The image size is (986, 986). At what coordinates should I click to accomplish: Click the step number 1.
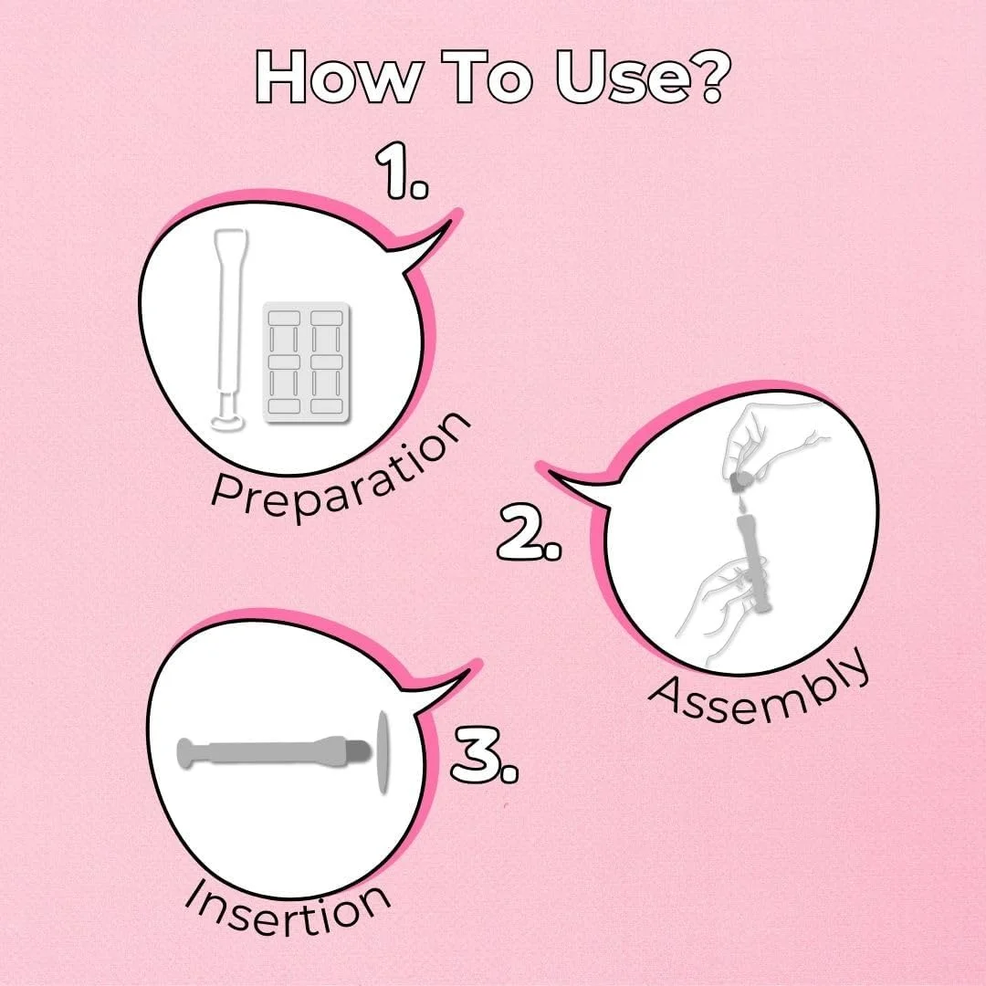coord(401,172)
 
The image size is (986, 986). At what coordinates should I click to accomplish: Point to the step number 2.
coord(530,533)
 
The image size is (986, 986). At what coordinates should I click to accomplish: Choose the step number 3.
coord(484,755)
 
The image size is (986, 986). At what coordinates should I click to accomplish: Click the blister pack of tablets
coord(306,362)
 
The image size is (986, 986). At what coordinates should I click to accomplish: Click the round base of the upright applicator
coord(228,422)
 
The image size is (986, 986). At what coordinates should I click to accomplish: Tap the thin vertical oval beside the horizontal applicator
coord(383,752)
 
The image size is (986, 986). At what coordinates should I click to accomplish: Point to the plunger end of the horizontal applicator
coord(187,752)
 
